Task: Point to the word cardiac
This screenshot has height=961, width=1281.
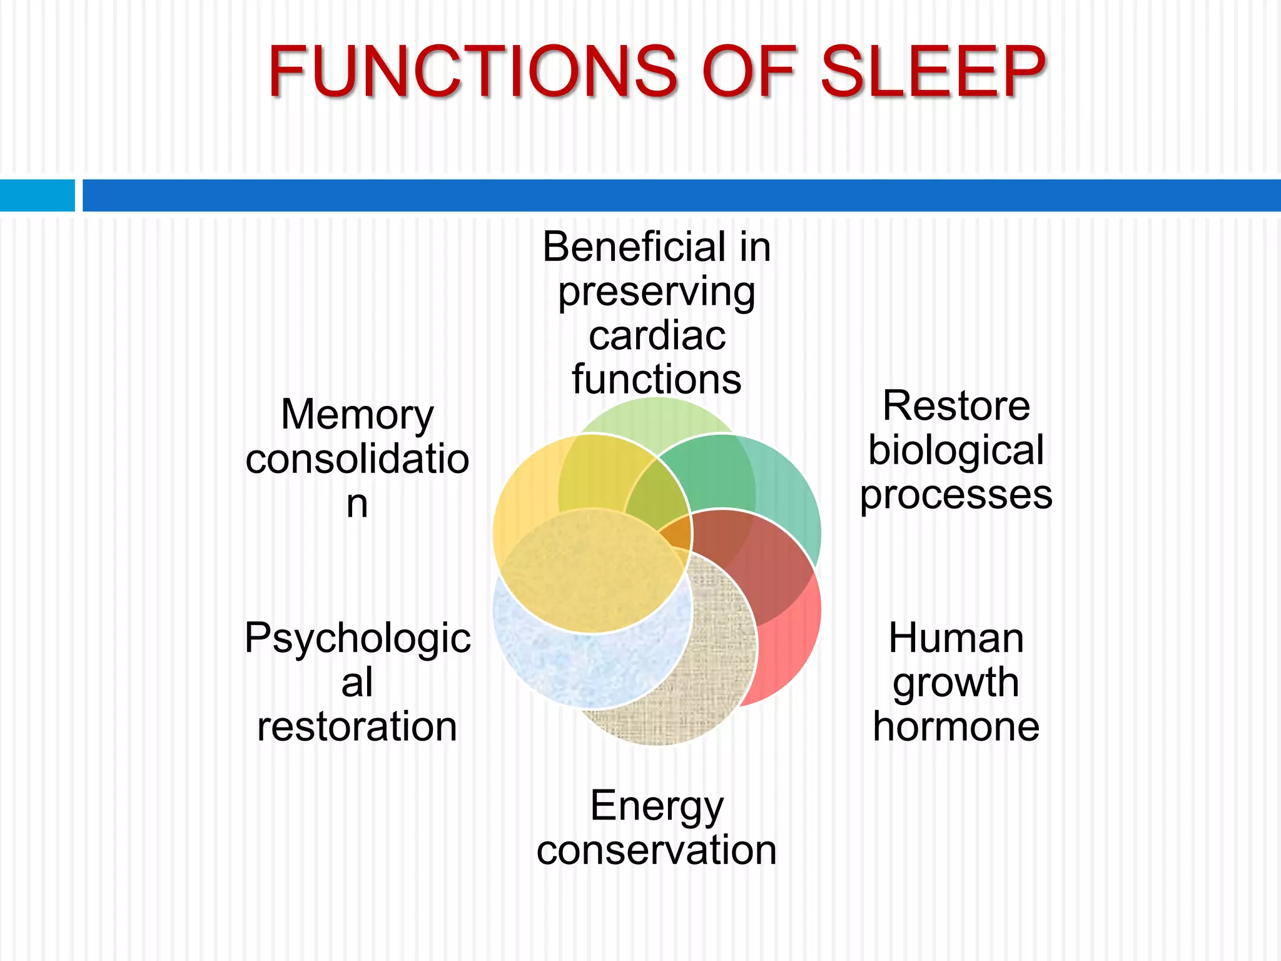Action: coord(657,336)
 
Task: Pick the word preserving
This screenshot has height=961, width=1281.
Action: coord(657,293)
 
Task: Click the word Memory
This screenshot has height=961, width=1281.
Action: coord(357,415)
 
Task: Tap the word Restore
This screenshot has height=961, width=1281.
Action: coord(956,406)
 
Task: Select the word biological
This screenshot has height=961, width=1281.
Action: coord(956,450)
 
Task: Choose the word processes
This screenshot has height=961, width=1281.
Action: coord(956,495)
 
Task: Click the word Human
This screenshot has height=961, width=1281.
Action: coord(956,638)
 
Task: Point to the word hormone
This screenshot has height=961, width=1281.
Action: coord(956,726)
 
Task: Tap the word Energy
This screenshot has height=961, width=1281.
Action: coord(657,806)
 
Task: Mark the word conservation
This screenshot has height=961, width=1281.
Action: coord(657,850)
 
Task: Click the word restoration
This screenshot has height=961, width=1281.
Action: coord(357,726)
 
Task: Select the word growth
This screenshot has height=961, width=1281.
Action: coord(956,683)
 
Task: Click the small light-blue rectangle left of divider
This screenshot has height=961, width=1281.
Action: coord(37,195)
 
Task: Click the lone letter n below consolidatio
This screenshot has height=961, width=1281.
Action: coord(357,504)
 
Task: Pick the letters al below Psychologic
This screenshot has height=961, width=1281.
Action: coord(357,683)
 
